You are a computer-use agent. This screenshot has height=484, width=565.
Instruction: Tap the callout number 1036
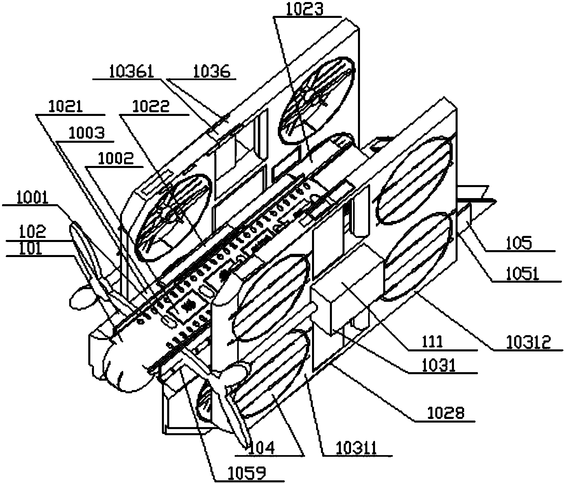point(211,72)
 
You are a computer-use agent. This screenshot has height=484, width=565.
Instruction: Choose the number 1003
point(86,133)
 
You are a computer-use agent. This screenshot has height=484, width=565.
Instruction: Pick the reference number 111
point(432,342)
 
